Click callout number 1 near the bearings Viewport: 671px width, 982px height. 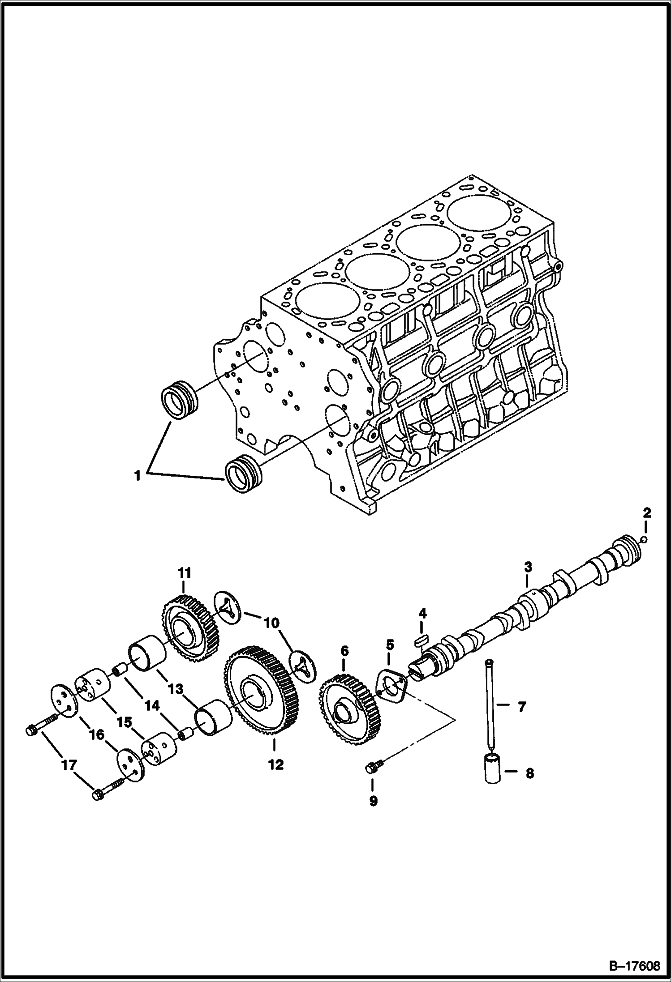coord(138,475)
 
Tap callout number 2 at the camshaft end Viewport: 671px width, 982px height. coord(647,513)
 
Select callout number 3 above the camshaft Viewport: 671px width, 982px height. coord(528,568)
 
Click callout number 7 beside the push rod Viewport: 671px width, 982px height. coord(521,708)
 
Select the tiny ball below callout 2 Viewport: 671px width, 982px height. coord(644,540)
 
